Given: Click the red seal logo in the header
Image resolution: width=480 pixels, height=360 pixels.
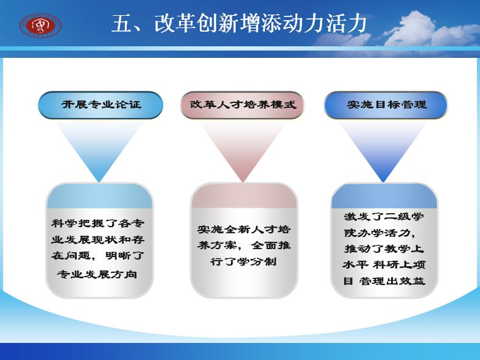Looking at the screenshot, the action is (41, 25).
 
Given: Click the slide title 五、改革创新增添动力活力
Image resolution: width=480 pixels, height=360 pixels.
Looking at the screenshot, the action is (239, 24).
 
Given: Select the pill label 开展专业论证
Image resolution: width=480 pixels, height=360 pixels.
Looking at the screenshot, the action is (101, 105).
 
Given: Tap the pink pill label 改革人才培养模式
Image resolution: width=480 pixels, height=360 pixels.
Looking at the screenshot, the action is (242, 105).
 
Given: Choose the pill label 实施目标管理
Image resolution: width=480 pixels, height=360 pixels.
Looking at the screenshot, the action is (386, 105).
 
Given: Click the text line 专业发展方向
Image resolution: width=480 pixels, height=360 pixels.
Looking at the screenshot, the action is (97, 274).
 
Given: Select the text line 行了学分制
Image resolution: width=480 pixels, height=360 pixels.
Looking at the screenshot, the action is (244, 261).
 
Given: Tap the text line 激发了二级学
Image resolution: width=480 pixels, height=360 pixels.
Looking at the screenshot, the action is (384, 217).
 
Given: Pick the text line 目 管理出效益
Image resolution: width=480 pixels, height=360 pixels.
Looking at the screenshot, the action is (384, 281).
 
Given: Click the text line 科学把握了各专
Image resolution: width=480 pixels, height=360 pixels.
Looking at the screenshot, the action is (97, 223).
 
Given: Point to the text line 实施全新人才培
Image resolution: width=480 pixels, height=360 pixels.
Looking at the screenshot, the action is (244, 229).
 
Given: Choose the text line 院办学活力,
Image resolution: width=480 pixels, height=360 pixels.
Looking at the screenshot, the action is (379, 233).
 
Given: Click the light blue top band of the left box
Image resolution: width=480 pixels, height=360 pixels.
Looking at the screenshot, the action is (99, 196).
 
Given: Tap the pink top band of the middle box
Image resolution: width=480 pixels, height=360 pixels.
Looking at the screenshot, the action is (244, 196).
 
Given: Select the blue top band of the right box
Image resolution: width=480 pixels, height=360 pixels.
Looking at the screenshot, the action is (384, 196).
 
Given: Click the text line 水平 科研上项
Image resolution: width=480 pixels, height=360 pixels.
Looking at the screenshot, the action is (384, 265).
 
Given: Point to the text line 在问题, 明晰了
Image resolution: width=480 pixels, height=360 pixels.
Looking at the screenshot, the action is (97, 255).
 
